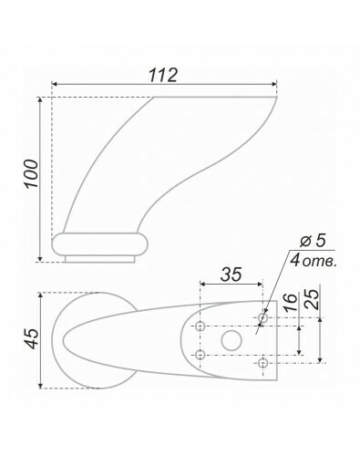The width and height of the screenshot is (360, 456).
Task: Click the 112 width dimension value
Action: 163,75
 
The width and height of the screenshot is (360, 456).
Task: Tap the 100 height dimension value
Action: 32,173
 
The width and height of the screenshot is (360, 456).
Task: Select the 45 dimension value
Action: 32,338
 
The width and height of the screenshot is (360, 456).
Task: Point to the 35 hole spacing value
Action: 231,275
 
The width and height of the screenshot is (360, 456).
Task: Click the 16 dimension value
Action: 291,303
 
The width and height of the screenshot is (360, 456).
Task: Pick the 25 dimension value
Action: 312,299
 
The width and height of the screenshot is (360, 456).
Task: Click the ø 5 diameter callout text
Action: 313,242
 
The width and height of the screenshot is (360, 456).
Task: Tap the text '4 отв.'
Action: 314,261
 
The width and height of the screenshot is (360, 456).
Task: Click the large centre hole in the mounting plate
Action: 231,340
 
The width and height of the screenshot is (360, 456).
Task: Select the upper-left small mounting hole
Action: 200,326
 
